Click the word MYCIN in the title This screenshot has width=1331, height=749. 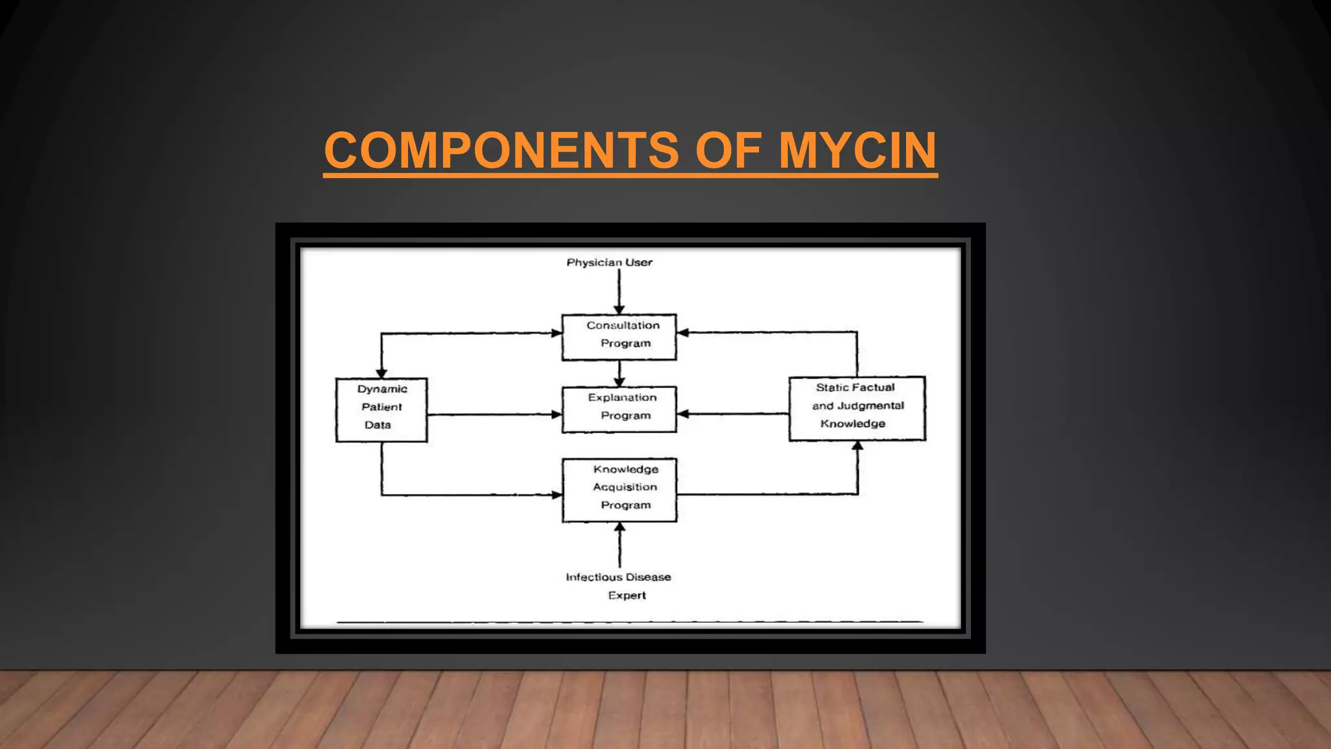tap(857, 150)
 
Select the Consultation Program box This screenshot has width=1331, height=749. tap(619, 337)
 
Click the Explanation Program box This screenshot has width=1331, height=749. tap(619, 409)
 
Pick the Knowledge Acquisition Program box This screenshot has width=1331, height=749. tap(619, 490)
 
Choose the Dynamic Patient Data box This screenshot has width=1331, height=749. tap(381, 410)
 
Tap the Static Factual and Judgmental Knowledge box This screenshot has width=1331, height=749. tap(857, 408)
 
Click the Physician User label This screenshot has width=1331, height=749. tap(609, 263)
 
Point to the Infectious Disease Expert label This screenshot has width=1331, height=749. tap(619, 585)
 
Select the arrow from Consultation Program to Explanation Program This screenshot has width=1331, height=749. tap(619, 373)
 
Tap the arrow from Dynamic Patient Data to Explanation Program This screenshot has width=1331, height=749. tap(494, 414)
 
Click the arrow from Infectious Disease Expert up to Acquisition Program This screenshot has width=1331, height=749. tap(619, 546)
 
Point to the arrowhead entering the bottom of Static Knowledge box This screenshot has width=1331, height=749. tap(857, 446)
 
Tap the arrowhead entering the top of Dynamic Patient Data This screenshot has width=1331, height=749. tap(381, 373)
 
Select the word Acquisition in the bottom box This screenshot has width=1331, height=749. tap(625, 487)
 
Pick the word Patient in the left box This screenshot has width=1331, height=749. tap(381, 407)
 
